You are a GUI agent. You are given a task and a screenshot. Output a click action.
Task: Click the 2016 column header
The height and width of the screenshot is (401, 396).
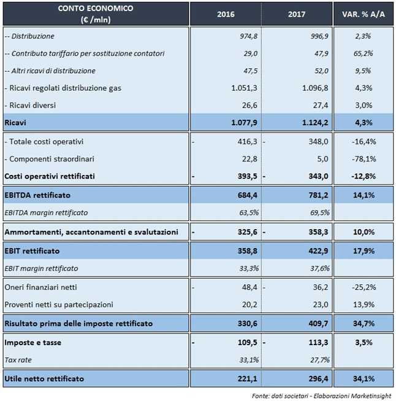pyautogui.click(x=226, y=14)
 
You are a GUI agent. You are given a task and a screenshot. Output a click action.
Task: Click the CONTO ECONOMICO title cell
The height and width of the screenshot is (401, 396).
pyautogui.click(x=95, y=14)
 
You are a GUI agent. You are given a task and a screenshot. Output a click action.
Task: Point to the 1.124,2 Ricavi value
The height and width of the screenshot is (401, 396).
pyautogui.click(x=313, y=122)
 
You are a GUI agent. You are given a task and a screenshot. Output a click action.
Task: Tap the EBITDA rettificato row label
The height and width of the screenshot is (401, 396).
pyautogui.click(x=37, y=195)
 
